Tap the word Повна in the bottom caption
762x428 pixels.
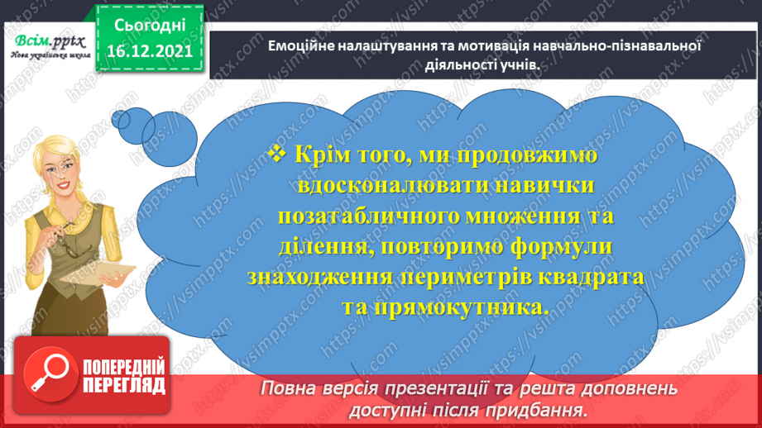(x=288, y=388)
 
